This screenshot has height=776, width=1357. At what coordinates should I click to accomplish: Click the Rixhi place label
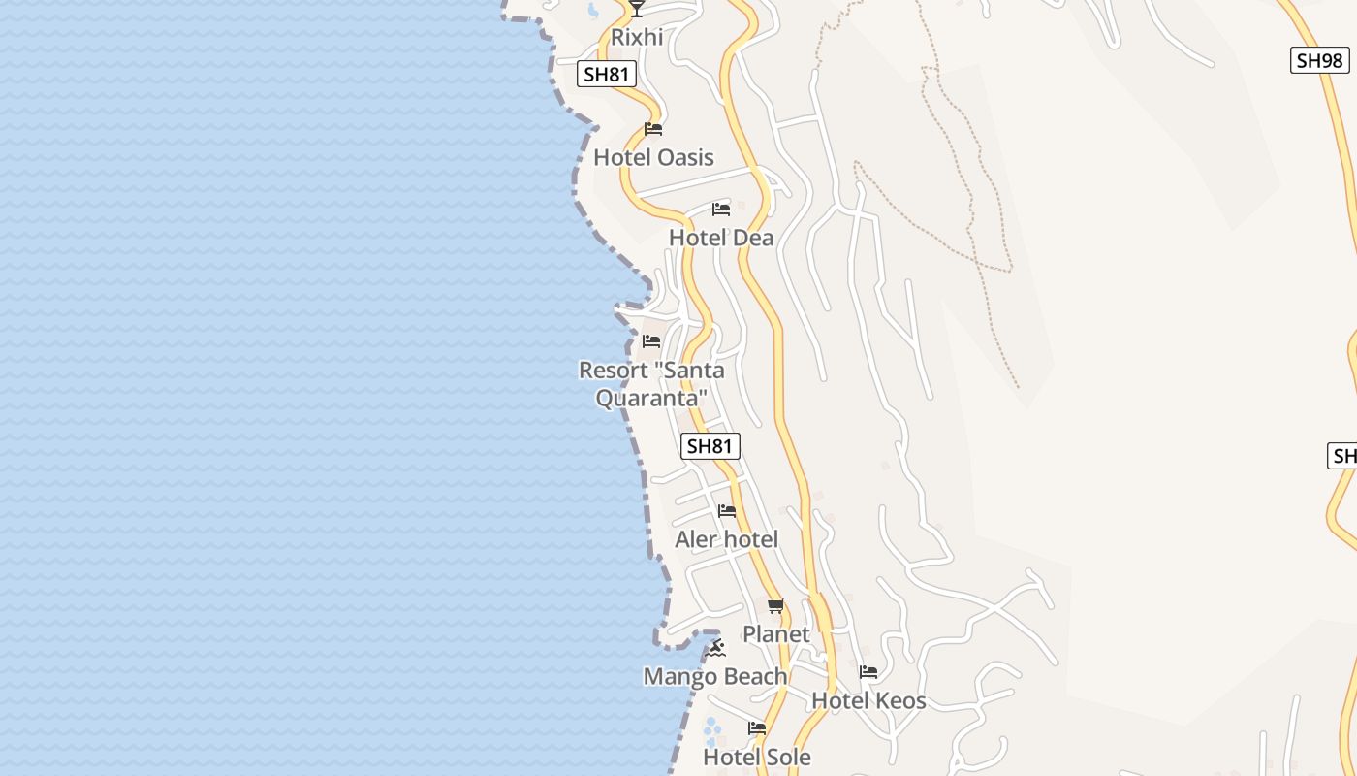[x=637, y=38]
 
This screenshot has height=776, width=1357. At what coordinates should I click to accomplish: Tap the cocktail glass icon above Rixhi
[x=636, y=9]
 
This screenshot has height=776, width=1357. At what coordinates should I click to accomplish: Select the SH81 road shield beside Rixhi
[x=607, y=73]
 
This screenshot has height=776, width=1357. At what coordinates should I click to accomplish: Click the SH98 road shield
[x=1319, y=60]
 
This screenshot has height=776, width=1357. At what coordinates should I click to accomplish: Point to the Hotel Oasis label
[x=653, y=157]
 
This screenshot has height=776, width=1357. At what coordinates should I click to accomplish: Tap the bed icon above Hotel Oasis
[x=653, y=129]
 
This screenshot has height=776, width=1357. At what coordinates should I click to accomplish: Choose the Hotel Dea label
[x=721, y=238]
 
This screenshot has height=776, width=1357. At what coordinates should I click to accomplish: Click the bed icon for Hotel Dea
[x=720, y=210]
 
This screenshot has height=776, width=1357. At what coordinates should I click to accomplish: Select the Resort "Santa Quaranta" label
[x=651, y=384]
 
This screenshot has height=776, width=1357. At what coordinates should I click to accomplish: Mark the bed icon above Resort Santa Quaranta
[x=651, y=341]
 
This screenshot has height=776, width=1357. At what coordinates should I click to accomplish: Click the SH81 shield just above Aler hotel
[x=710, y=446]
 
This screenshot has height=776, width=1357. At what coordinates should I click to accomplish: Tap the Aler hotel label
[x=726, y=539]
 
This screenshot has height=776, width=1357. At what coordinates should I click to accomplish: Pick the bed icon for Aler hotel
[x=727, y=511]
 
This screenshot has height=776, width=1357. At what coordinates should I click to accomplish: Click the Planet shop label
[x=775, y=634]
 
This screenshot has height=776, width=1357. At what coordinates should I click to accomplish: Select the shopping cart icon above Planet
[x=775, y=606]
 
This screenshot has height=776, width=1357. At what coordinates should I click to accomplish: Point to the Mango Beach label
[x=715, y=676]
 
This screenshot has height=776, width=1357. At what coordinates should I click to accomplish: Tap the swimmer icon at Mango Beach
[x=716, y=647]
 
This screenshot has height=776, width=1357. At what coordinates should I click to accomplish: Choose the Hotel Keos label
[x=868, y=700]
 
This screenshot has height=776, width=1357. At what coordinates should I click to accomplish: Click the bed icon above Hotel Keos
[x=868, y=671]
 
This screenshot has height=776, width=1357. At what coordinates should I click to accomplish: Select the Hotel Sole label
[x=756, y=757]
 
